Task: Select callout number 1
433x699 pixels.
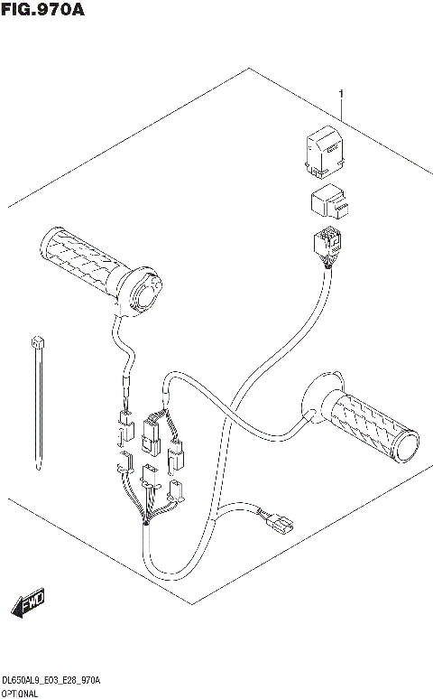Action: pyautogui.click(x=342, y=94)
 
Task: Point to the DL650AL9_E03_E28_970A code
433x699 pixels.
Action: pyautogui.click(x=51, y=679)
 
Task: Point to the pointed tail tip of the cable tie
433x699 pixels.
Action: pyautogui.click(x=38, y=468)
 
